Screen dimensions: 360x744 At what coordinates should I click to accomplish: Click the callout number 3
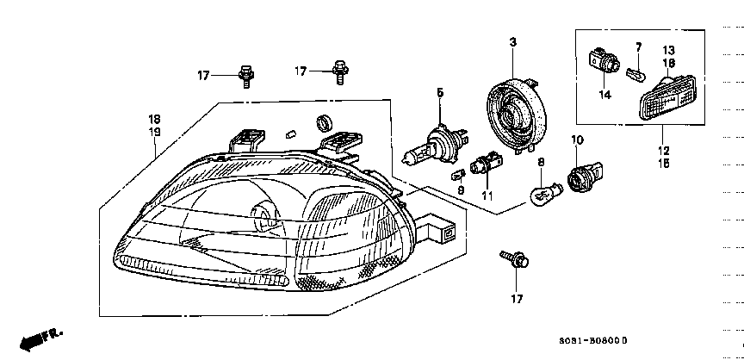pyautogui.click(x=512, y=42)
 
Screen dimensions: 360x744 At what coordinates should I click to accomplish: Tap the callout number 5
pyautogui.click(x=439, y=92)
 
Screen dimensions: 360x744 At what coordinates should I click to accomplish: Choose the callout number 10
pyautogui.click(x=577, y=140)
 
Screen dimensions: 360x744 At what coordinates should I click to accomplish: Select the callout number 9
pyautogui.click(x=461, y=190)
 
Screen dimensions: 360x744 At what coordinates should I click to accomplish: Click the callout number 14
pyautogui.click(x=604, y=95)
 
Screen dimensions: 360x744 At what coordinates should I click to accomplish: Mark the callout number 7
pyautogui.click(x=638, y=46)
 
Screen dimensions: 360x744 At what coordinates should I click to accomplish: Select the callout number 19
pyautogui.click(x=154, y=132)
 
